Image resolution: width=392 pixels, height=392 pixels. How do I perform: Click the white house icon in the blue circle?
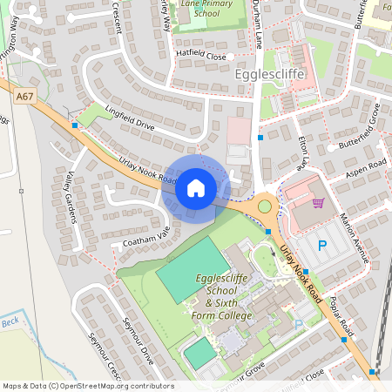[x=195, y=187]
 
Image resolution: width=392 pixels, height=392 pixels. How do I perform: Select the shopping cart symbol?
[x=318, y=203]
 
